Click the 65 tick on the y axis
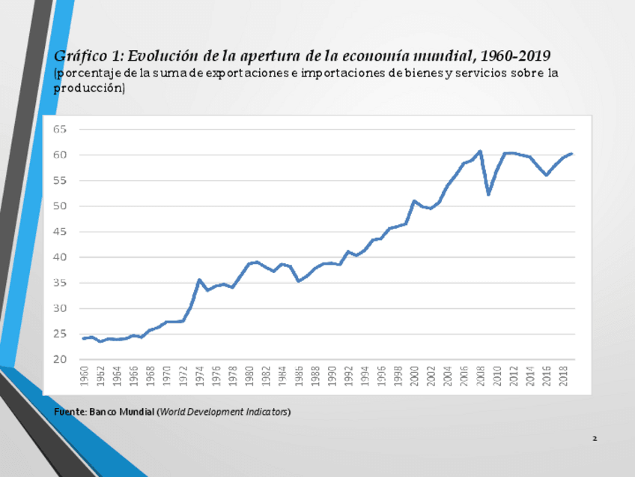coord(60,129)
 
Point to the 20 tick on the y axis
coord(60,360)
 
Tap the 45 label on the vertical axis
coord(60,232)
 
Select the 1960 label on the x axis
coord(84,376)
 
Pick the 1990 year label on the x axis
coord(332,376)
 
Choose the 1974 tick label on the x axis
coord(199,376)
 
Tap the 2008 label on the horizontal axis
coord(480,376)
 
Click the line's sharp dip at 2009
coord(488,194)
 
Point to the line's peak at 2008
coord(480,151)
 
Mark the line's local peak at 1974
coord(199,280)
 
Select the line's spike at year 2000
coord(414,201)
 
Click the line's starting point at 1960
coord(84,338)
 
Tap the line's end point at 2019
coord(571,154)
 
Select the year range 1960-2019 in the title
coord(515,56)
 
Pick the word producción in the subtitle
coord(88,88)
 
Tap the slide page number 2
coord(594,438)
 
